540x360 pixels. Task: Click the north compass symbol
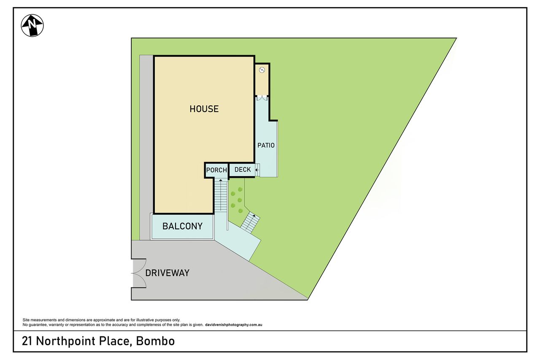32,26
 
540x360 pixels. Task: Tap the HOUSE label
204,109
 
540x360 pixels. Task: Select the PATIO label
266,145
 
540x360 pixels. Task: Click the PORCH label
216,170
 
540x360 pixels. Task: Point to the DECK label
243,169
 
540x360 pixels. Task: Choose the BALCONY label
182,226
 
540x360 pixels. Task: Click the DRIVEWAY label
167,273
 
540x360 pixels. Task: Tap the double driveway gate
139,273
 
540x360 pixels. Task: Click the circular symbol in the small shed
262,70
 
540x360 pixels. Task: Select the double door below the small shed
262,98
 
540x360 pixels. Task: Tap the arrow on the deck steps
257,170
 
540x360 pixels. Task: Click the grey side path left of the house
146,148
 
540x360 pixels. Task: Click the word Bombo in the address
155,341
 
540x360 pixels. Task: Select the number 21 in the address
27,341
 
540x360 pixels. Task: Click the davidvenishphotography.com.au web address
234,325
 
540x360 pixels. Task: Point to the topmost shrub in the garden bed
240,189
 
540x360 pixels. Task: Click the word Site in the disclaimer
26,320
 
